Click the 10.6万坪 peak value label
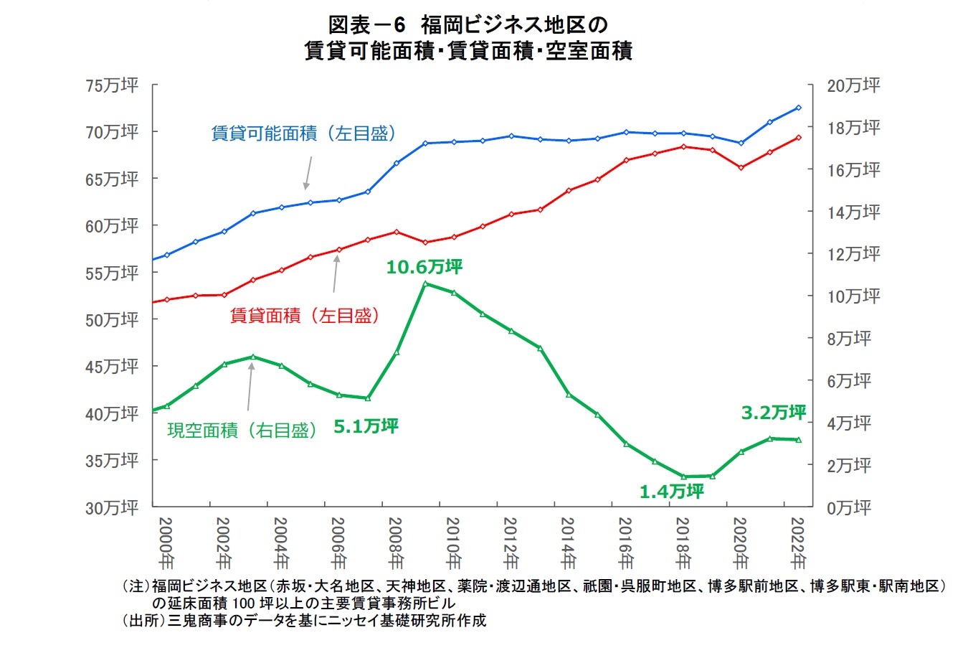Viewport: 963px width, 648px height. tap(424, 268)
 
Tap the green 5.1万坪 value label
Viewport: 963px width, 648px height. tap(366, 426)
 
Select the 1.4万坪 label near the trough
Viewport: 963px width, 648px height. tap(671, 492)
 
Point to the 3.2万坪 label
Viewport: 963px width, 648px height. tap(773, 413)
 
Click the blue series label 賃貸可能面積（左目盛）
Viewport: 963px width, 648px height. tap(304, 133)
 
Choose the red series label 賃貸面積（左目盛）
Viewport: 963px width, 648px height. tap(304, 315)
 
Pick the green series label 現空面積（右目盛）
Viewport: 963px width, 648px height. tap(242, 431)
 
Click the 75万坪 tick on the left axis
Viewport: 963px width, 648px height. tap(111, 86)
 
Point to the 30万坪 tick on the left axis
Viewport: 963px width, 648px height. tap(111, 508)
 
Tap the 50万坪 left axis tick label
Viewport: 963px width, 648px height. tap(111, 320)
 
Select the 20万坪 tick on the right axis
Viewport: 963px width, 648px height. tap(853, 86)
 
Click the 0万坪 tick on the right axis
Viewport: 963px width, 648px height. tap(849, 508)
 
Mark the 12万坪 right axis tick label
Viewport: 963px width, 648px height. tap(853, 255)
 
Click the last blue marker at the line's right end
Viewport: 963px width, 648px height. tap(798, 108)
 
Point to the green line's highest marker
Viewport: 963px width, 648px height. tap(425, 283)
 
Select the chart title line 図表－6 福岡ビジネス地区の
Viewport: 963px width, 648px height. tap(468, 26)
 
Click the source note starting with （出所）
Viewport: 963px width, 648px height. tap(304, 621)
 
